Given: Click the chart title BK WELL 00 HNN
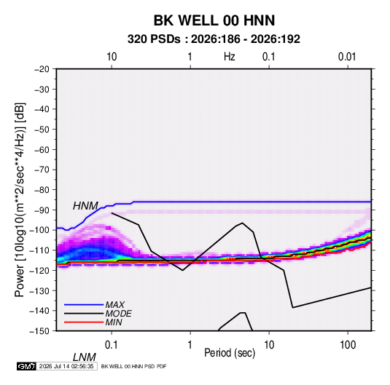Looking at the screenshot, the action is tap(214, 20).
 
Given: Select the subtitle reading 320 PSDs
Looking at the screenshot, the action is tap(154, 39).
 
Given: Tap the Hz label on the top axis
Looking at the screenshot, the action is tap(230, 57).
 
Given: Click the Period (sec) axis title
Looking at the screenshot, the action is tap(230, 353).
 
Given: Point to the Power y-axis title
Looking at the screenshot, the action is tap(20, 199).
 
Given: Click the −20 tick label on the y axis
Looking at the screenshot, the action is tap(42, 69).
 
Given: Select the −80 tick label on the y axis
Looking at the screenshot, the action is tap(42, 190).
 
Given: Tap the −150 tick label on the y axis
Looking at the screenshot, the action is tap(39, 331).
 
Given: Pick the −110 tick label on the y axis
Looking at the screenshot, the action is tap(39, 250).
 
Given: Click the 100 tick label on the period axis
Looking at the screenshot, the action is tap(348, 345).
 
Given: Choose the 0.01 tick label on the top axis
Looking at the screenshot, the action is tap(347, 57).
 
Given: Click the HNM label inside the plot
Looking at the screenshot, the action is tap(85, 206).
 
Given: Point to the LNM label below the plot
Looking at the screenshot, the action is tap(85, 357).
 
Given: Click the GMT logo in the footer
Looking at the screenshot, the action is tap(26, 366).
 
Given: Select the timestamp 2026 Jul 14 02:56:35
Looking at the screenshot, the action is tap(66, 366).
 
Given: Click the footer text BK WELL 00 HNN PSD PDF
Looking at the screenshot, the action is tap(134, 366).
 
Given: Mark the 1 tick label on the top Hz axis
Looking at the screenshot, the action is tap(190, 57).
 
